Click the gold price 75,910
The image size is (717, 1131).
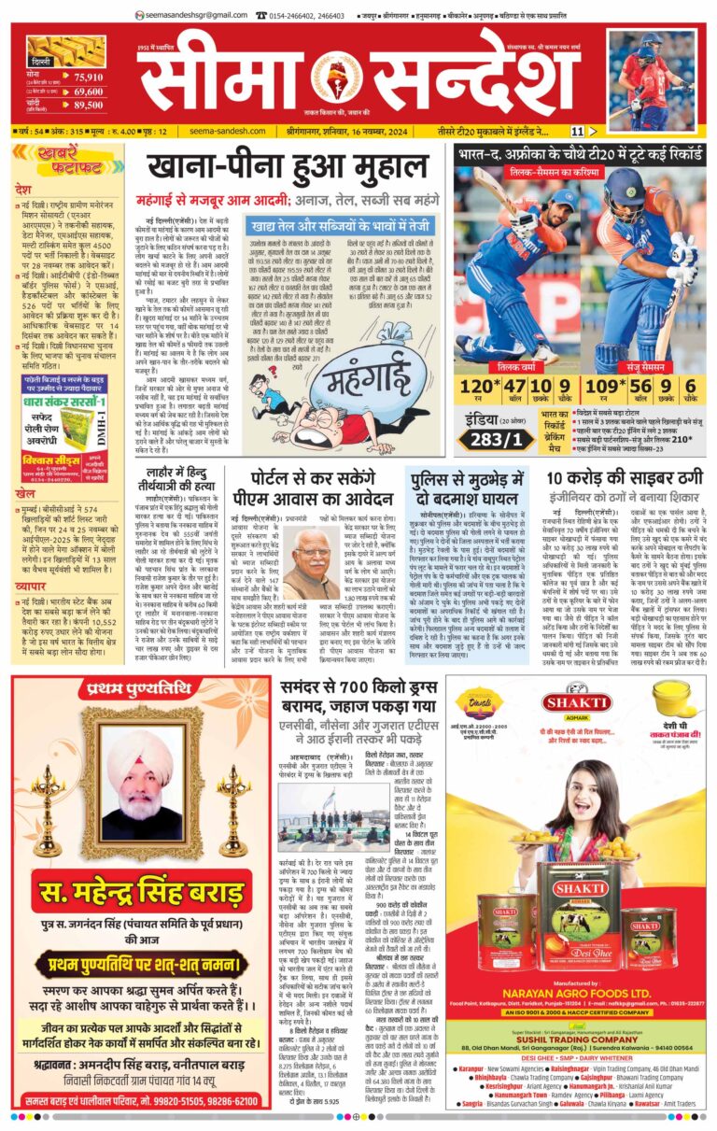89,78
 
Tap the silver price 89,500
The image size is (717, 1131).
89,106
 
